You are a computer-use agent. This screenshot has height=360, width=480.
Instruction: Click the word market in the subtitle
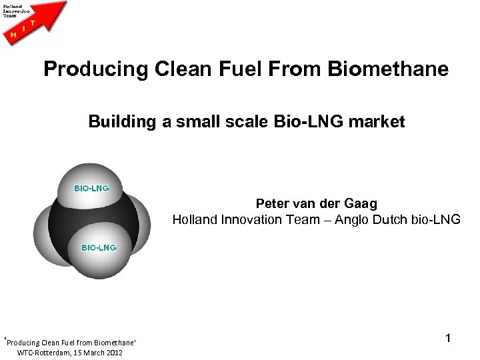[x=378, y=122]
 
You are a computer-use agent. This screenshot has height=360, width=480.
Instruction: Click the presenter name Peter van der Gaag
[x=317, y=204]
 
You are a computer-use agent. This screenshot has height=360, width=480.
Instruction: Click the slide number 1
[x=449, y=339]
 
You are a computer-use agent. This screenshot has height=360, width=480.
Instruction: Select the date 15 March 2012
[x=95, y=352]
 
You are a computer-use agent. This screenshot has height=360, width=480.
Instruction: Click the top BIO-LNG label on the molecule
[x=91, y=188]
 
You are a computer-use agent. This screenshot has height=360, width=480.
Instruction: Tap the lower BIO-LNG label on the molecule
[x=99, y=247]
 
